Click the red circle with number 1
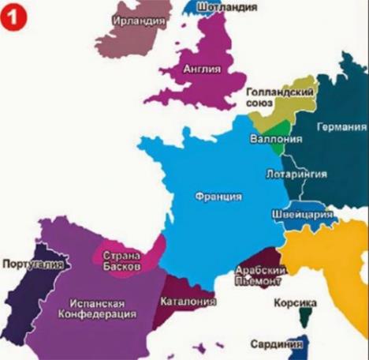coord(13,16)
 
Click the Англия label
coord(201,69)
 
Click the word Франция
coord(218,196)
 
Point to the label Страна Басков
coord(121,261)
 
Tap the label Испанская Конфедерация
coord(92,307)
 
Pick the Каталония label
coord(188,301)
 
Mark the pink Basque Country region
coord(150,251)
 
